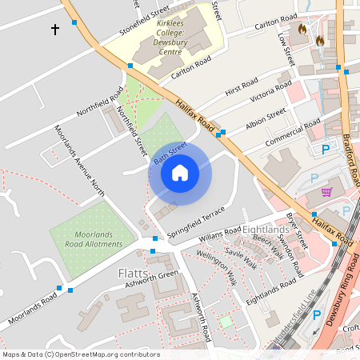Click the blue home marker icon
pos(180,172)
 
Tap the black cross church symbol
pos(55,30)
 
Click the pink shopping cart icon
pos(326,192)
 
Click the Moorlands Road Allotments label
pos(88,238)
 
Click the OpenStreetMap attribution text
pos(80,354)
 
